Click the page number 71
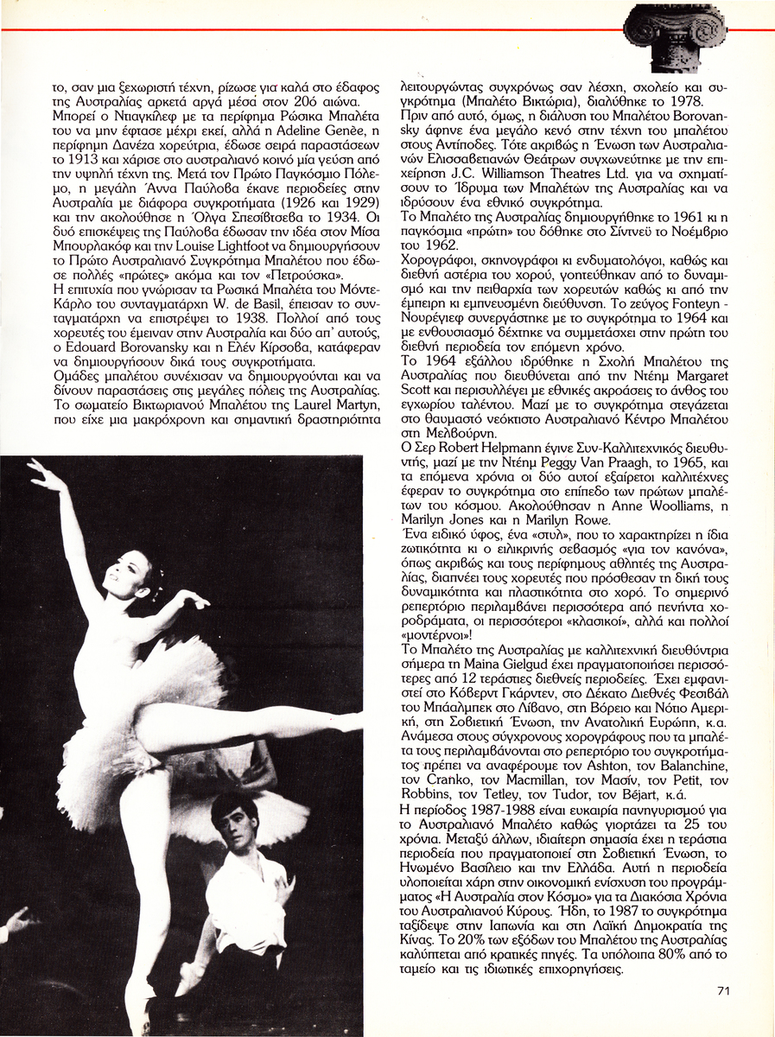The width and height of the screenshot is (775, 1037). coord(723,990)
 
